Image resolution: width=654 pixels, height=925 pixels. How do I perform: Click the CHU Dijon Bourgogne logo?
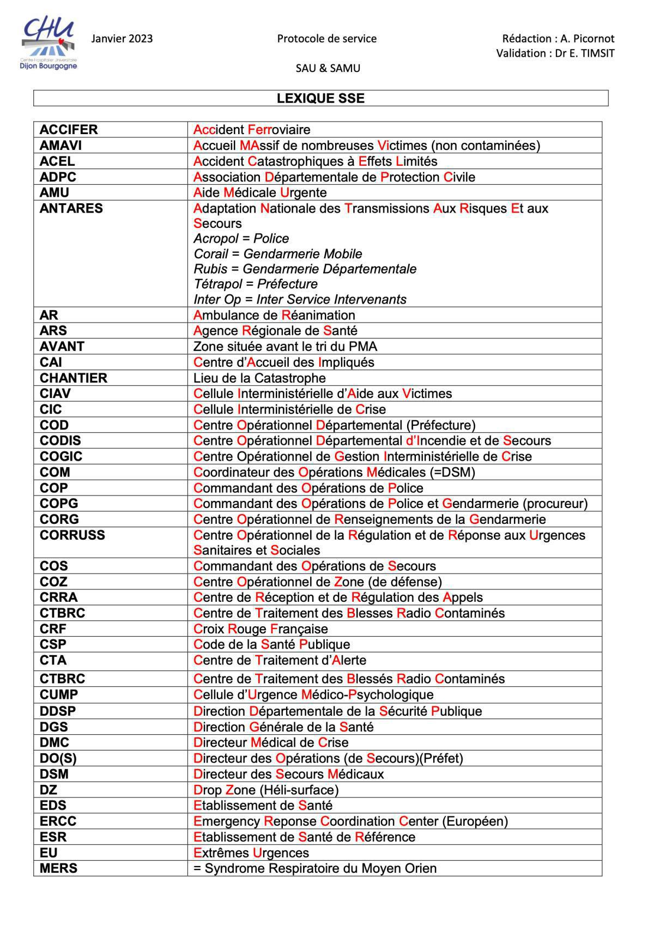49,44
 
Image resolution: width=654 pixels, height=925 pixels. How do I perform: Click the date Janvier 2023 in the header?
122,39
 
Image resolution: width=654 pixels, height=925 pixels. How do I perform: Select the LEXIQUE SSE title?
320,99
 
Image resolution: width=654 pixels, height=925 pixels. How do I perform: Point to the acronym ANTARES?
71,208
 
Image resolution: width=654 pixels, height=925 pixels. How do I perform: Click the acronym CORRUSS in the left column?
72,535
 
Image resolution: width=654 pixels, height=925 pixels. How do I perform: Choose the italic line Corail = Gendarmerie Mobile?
278,254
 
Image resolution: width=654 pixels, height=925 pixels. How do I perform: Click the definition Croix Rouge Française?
261,629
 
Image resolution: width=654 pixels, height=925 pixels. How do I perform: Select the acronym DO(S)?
58,758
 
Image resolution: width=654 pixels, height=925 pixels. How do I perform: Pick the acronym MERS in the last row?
58,868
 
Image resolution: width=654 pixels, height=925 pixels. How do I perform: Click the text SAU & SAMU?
328,68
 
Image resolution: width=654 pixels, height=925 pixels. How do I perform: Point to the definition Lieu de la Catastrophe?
259,378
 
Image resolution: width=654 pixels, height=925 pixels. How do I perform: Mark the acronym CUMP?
59,694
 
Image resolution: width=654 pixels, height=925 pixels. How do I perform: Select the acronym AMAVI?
61,146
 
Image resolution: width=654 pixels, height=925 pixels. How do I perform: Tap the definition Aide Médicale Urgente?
260,192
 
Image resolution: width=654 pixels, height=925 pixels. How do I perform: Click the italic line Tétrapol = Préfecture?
256,284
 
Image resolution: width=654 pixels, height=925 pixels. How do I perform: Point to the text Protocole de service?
327,39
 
